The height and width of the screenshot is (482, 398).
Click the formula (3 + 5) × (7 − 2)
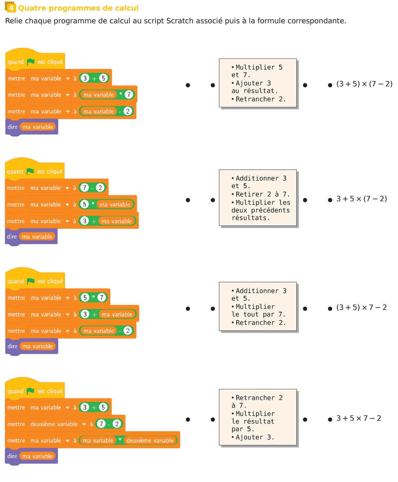click(x=364, y=84)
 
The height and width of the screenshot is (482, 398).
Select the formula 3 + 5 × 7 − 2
click(x=359, y=418)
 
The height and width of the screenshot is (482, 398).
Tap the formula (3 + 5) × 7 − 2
click(x=362, y=307)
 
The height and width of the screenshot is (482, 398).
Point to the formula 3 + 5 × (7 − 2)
click(x=362, y=199)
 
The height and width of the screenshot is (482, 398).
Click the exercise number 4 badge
click(x=11, y=8)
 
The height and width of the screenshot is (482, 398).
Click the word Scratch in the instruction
click(x=180, y=21)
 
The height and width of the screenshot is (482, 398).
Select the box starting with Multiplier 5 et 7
click(x=258, y=83)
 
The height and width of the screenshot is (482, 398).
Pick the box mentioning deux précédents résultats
click(x=258, y=198)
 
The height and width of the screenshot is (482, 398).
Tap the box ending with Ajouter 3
click(x=258, y=417)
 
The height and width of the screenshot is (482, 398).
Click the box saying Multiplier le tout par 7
click(x=258, y=307)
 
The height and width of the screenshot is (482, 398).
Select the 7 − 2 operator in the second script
click(x=92, y=188)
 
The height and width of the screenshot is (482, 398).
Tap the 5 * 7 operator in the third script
click(x=93, y=298)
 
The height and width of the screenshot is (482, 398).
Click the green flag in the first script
click(x=31, y=62)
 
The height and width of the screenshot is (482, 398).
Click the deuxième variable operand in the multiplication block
click(x=150, y=440)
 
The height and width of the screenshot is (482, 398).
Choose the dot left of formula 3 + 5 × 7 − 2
click(x=330, y=420)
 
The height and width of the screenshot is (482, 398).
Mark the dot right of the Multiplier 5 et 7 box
click(x=305, y=85)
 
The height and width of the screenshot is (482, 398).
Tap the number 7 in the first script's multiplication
click(x=129, y=95)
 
